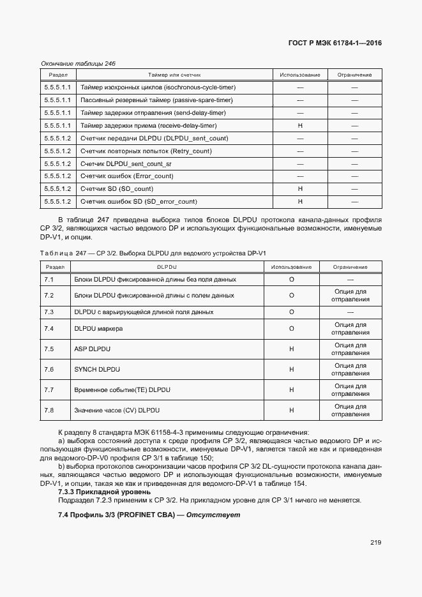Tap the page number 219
click(x=375, y=543)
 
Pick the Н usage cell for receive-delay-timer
click(x=299, y=126)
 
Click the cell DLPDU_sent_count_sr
click(x=126, y=164)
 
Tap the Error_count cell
click(x=126, y=176)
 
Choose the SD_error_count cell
click(x=139, y=202)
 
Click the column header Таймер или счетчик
click(x=174, y=75)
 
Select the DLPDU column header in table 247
click(x=166, y=267)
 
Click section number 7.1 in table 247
click(x=49, y=280)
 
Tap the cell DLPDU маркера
click(x=98, y=329)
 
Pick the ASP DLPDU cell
click(x=93, y=349)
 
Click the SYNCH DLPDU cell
click(x=97, y=370)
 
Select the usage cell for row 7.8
click(x=291, y=410)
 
